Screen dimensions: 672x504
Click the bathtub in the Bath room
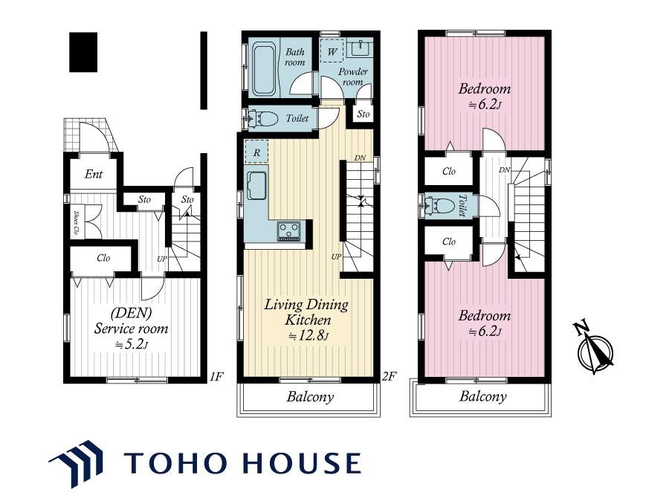point(264,68)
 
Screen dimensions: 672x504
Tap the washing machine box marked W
point(332,51)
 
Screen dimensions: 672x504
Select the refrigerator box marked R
point(256,152)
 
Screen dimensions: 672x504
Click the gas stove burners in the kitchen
point(289,230)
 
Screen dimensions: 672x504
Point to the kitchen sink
point(256,185)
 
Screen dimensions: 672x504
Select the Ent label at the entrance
point(94,174)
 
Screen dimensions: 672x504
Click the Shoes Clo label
point(76,222)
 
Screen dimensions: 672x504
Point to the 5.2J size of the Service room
point(132,344)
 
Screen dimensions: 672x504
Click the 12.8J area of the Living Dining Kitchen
point(308,335)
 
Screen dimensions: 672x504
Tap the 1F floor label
point(216,377)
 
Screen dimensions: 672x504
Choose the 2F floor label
point(389,377)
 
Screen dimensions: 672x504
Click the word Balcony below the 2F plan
point(310,397)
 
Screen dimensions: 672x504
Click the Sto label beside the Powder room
point(363,114)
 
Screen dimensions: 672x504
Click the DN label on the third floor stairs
point(505,170)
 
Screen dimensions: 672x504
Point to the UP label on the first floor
point(161,259)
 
